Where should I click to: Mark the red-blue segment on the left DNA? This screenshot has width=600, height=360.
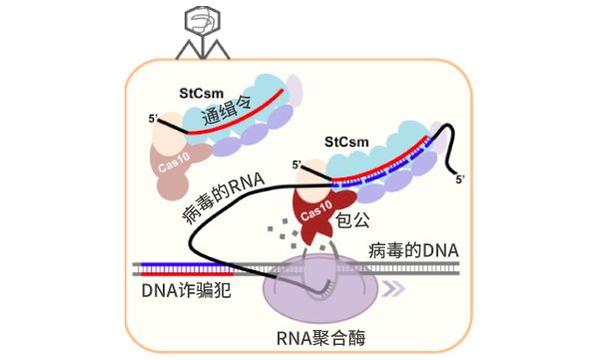pyautogui.click(x=181, y=268)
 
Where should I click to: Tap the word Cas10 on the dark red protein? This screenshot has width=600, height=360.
pyautogui.click(x=313, y=207)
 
